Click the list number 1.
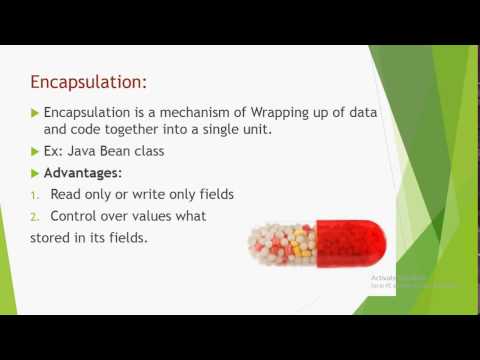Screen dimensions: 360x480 [x=33, y=195]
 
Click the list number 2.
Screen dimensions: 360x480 [x=34, y=216]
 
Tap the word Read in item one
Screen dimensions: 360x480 [x=67, y=195]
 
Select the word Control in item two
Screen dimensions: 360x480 [x=75, y=216]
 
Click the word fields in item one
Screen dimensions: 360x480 [x=211, y=195]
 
